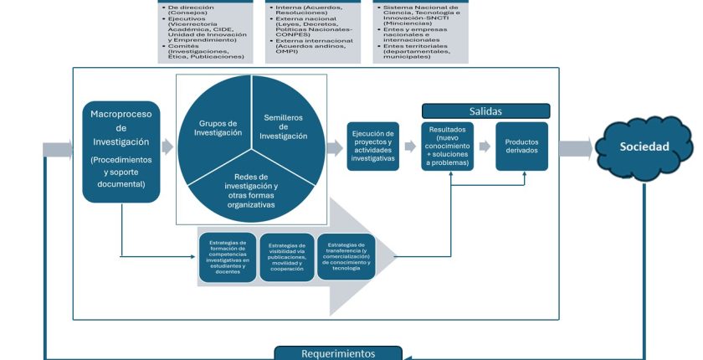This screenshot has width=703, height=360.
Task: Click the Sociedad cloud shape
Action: point(644,147)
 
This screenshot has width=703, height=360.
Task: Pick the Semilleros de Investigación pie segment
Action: point(283,126)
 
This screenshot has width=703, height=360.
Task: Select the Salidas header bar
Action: point(485,111)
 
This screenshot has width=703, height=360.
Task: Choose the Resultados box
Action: point(448,147)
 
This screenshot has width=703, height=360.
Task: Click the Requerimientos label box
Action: point(338,353)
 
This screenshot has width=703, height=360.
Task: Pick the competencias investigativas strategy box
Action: point(228,257)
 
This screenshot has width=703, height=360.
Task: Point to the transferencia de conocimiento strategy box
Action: point(346,255)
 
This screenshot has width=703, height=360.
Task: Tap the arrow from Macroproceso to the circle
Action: point(167,147)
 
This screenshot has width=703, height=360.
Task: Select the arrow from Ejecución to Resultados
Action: point(409,147)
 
